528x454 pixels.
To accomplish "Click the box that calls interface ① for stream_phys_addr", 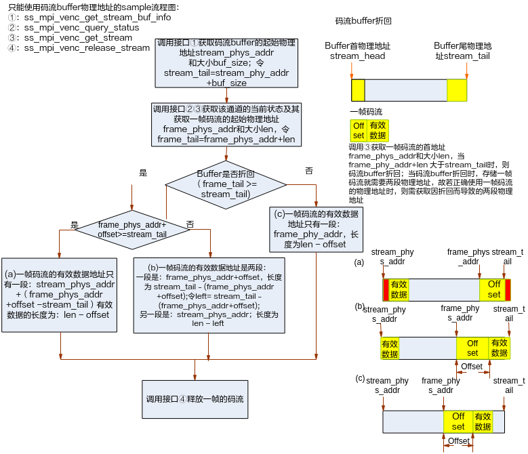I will tap(226, 63).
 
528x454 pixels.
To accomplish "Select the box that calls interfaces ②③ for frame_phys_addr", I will tap(226, 124).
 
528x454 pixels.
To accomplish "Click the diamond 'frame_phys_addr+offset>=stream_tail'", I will tap(132, 229).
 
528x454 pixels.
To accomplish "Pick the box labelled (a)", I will tap(60, 295).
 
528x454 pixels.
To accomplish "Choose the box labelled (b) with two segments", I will tap(209, 295).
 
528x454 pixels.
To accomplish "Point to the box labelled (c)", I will tap(315, 229).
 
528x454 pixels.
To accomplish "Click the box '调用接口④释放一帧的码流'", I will tap(195, 399).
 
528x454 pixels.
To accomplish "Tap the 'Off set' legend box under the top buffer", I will tap(359, 130).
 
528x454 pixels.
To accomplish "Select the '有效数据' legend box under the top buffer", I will tap(378, 130).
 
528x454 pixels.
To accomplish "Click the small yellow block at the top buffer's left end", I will tap(358, 90).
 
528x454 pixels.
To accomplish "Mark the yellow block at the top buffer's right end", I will tap(457, 90).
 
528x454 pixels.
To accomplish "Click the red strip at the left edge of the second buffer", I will tap(386, 290).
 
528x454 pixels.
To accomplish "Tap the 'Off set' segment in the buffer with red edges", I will tap(493, 290).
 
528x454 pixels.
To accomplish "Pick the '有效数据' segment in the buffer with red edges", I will tap(399, 290).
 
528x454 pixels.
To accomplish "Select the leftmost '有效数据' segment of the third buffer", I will tap(390, 348).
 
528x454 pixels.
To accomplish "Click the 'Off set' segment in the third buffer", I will tap(472, 348).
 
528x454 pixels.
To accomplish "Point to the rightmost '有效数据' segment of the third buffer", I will tap(500, 348).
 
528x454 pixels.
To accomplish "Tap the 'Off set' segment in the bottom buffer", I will tap(458, 421).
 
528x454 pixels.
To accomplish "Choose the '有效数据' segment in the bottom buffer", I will tap(483, 421).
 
